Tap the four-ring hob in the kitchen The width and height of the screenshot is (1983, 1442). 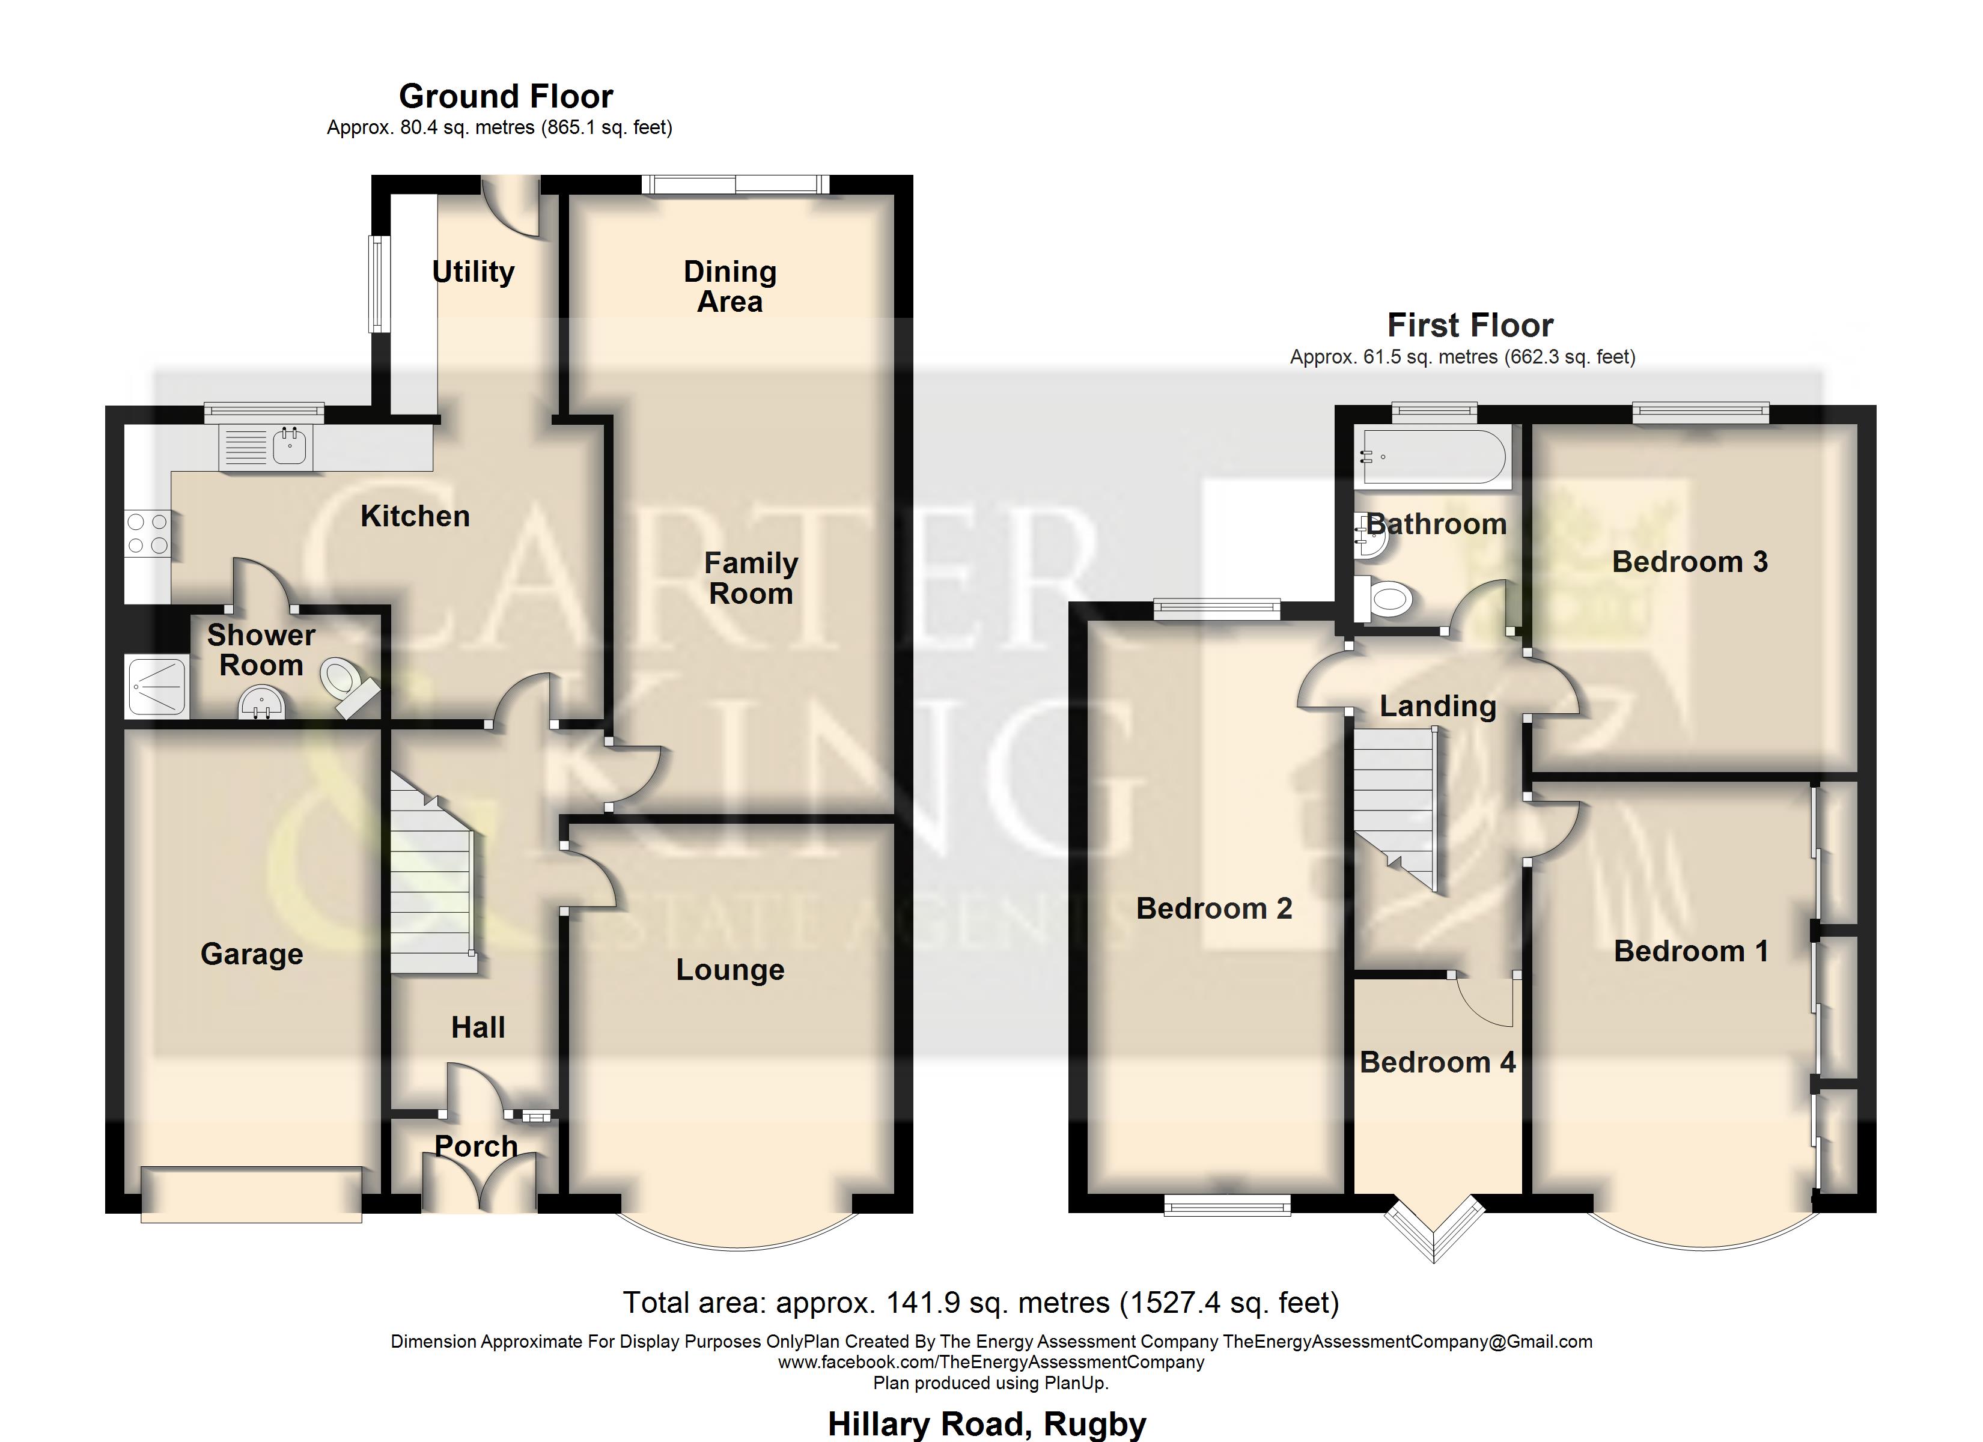147,534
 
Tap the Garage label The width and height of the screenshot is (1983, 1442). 252,954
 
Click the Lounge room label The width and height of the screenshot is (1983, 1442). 730,970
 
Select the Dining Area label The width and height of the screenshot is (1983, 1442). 730,286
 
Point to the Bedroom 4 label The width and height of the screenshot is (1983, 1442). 1437,1062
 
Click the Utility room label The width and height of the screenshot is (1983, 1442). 473,272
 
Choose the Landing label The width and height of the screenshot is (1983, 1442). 1437,706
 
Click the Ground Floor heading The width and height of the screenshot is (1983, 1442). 505,96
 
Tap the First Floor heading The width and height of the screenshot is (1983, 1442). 1470,325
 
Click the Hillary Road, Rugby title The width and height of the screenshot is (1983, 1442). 986,1423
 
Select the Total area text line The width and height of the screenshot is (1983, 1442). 980,1303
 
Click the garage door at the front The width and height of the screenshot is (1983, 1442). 251,1194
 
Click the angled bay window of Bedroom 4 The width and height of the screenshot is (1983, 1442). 1434,1231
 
